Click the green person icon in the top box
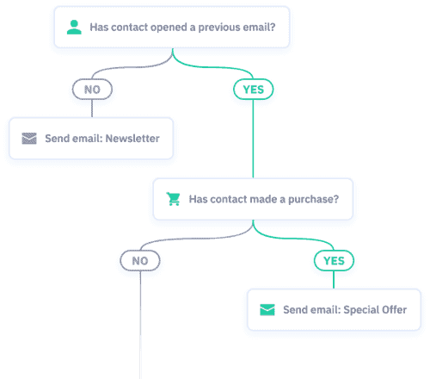click(74, 28)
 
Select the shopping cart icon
click(174, 199)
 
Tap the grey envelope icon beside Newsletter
click(30, 138)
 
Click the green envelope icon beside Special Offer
click(267, 310)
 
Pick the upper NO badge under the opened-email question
click(92, 89)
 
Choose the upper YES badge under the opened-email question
click(253, 89)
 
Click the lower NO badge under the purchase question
click(139, 260)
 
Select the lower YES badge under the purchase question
click(334, 260)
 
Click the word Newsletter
click(132, 138)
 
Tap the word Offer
click(386, 310)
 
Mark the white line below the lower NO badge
click(139, 327)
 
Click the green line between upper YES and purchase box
click(253, 138)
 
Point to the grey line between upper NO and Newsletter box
click(92, 108)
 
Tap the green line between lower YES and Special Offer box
click(334, 280)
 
